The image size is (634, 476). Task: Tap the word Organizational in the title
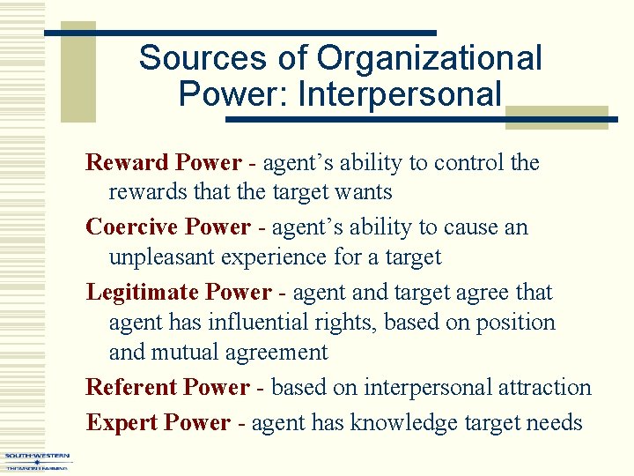[429, 59]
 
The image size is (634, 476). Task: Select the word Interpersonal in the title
[400, 93]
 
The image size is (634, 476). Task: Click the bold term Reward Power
[163, 163]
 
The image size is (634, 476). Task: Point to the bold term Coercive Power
[168, 227]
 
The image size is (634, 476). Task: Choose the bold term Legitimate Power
[179, 292]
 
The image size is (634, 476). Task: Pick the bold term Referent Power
[167, 388]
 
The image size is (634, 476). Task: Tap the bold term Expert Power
[158, 423]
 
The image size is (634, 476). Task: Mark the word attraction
[543, 388]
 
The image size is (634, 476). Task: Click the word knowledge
[402, 423]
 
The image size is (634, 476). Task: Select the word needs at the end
[557, 423]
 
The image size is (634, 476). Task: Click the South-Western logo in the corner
[37, 461]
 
